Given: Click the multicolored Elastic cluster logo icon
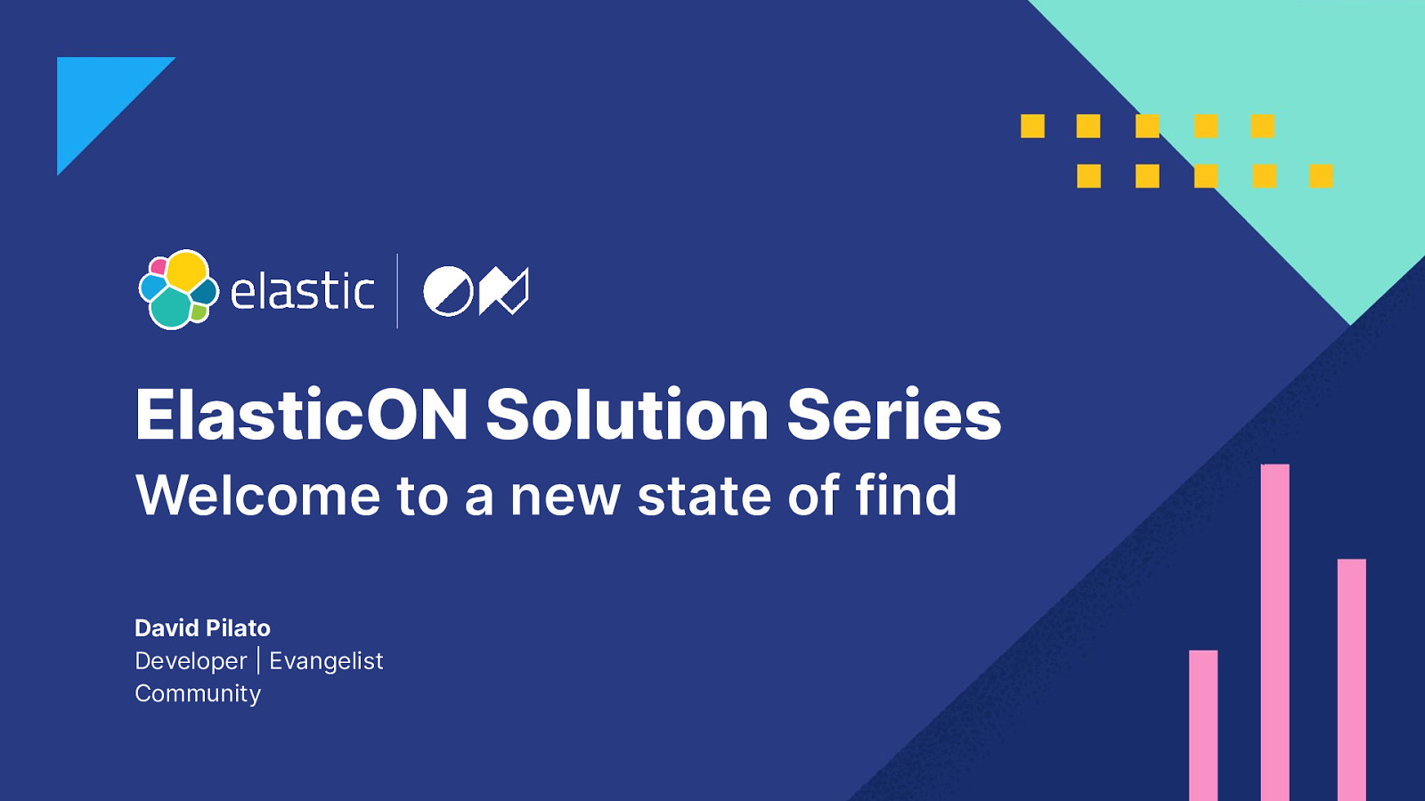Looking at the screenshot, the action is coord(179,289).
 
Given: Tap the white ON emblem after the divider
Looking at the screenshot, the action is coord(476,291).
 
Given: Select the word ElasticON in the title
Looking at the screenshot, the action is coord(302,415).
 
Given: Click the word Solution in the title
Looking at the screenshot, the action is coord(627,415).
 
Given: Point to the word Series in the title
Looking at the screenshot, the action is coord(894,415).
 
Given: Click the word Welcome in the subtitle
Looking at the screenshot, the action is coord(257,495).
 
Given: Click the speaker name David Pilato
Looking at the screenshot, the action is coord(202,628).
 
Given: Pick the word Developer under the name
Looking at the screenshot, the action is coord(191,662).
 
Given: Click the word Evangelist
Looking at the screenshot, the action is coord(326,662).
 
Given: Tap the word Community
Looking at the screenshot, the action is coord(198,694).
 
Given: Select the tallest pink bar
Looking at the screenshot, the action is coord(1274,633).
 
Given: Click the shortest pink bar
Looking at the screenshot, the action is coord(1203,725).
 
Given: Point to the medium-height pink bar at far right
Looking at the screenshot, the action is coord(1352,680).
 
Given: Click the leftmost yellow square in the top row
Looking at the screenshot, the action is coord(1032,125).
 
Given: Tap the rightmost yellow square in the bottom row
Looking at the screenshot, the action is coord(1322,176).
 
